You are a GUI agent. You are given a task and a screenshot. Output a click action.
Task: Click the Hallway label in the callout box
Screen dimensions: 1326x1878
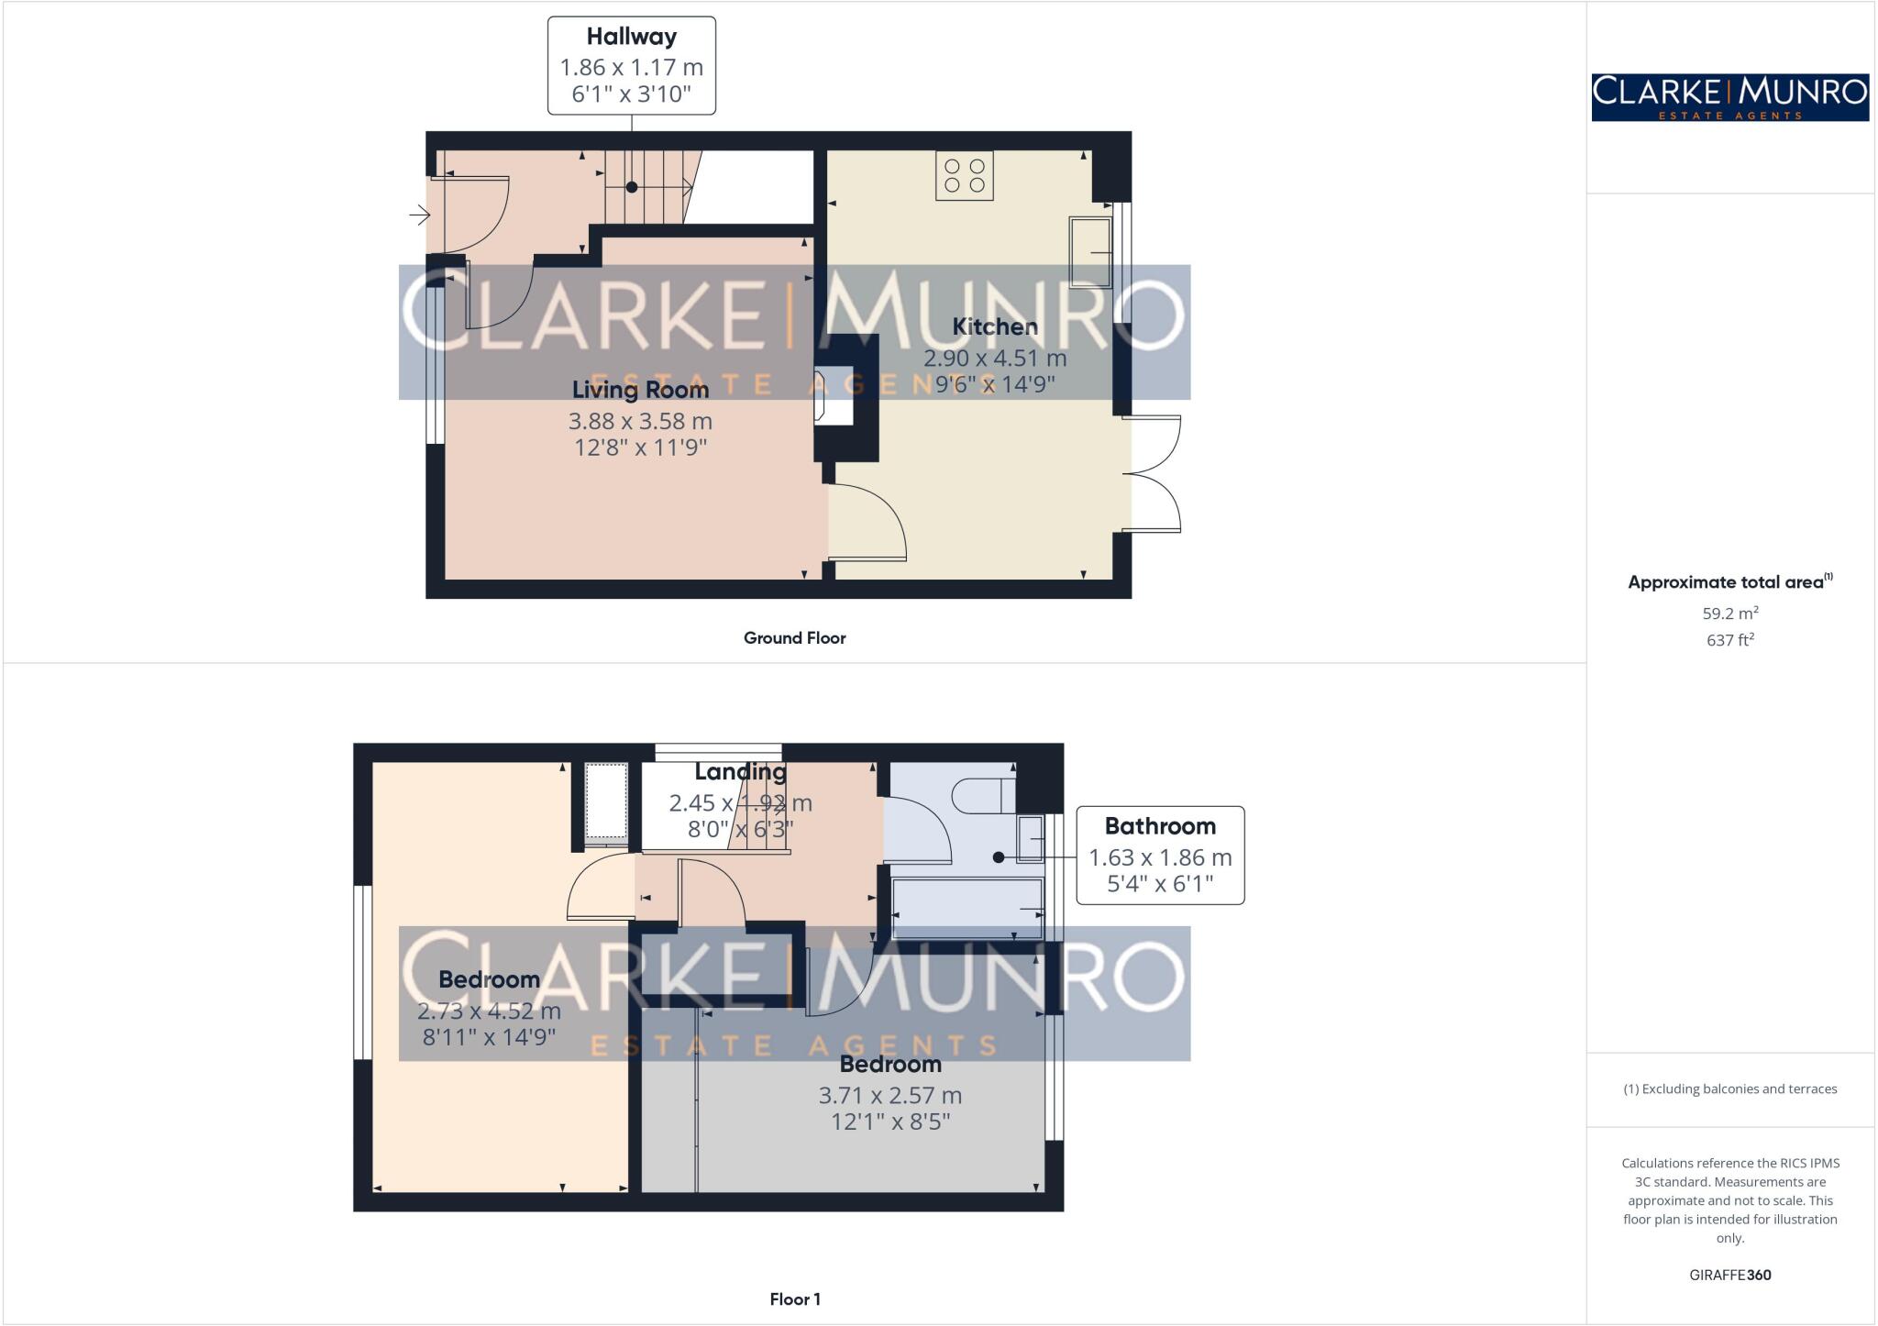(x=631, y=37)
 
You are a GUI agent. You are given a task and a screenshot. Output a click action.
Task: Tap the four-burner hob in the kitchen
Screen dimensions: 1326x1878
(x=964, y=175)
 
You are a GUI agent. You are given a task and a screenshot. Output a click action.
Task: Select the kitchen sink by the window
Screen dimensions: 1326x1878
(x=1090, y=252)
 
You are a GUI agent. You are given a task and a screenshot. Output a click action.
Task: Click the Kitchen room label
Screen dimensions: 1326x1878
(x=994, y=326)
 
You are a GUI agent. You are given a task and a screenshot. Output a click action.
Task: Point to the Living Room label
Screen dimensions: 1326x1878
(x=640, y=390)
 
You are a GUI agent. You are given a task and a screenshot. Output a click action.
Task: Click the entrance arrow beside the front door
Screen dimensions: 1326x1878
(x=420, y=215)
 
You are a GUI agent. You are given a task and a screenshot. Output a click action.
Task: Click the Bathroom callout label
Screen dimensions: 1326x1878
(x=1159, y=826)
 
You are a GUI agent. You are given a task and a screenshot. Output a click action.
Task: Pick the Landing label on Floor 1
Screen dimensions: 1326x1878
(x=740, y=772)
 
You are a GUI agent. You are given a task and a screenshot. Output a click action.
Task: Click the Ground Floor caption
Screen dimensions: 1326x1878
(x=794, y=638)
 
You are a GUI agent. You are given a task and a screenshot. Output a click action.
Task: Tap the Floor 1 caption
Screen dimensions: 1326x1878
(x=794, y=1299)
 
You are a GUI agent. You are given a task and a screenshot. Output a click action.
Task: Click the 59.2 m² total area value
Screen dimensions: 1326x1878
(x=1729, y=613)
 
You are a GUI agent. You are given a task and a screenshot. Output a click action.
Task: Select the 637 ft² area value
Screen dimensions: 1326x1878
(x=1729, y=640)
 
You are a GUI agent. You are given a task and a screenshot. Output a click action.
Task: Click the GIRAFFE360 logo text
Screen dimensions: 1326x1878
(x=1729, y=1275)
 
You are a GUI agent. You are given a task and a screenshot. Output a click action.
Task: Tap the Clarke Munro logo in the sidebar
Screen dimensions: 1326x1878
(x=1729, y=97)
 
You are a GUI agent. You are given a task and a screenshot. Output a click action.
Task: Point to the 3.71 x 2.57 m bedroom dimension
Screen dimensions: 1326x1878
(x=889, y=1096)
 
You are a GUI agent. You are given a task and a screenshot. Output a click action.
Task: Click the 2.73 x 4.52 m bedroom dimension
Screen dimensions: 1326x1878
(x=489, y=1011)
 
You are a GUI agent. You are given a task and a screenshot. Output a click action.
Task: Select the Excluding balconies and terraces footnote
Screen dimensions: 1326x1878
(x=1729, y=1089)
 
